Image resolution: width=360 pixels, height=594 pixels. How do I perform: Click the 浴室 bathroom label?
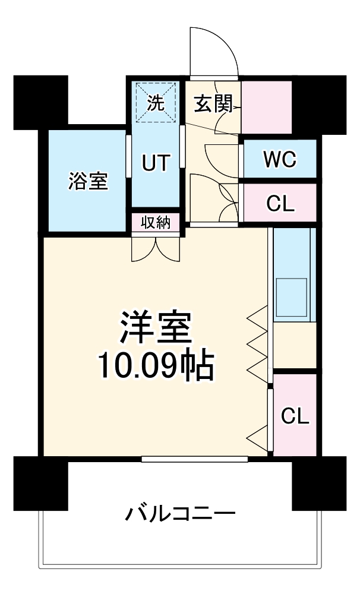(89, 181)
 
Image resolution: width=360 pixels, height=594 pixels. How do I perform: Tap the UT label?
(156, 162)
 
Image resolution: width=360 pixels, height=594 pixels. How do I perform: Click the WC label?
(280, 159)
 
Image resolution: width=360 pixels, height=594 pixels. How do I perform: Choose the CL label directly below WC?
(280, 203)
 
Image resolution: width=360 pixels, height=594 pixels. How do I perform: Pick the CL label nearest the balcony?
(295, 416)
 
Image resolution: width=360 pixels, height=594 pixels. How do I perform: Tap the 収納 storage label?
(156, 223)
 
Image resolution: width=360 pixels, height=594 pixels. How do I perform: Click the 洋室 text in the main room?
(155, 327)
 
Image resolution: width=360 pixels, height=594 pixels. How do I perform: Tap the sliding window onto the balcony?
(195, 459)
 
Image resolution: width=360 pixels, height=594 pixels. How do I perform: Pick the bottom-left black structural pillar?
(40, 482)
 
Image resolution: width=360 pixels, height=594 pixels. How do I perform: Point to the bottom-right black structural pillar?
(319, 482)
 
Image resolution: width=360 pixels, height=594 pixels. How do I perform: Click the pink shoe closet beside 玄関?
(266, 107)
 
